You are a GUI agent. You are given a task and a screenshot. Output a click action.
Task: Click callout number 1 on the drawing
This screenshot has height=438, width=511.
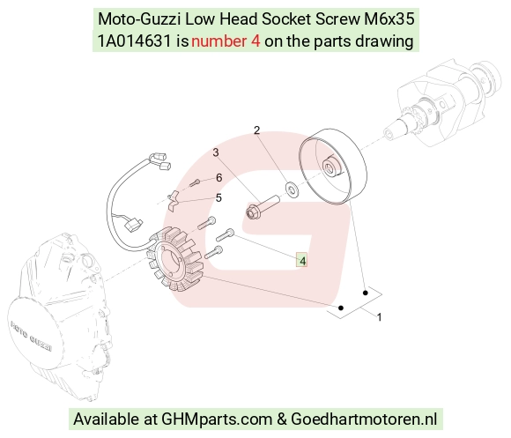[379, 317]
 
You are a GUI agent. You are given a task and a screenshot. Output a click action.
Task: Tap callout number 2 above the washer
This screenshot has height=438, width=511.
[256, 130]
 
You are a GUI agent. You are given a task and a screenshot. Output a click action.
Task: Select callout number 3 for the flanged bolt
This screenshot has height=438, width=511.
[216, 152]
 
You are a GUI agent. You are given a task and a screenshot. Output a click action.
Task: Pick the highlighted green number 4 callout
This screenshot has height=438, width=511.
[302, 260]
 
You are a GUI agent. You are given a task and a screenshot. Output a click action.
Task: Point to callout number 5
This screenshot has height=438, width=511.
[218, 197]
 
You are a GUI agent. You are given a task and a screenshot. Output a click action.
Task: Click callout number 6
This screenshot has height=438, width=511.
[219, 178]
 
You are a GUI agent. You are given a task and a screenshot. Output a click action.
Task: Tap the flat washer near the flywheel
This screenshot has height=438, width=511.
[292, 189]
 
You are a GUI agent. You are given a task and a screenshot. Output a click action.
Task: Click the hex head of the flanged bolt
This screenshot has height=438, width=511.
[252, 212]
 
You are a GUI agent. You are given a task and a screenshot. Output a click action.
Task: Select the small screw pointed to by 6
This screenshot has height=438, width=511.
[195, 182]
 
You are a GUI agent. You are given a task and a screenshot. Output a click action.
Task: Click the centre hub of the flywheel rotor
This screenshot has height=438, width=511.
[330, 167]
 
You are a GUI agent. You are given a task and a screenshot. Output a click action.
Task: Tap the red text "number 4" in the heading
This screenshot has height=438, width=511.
[226, 41]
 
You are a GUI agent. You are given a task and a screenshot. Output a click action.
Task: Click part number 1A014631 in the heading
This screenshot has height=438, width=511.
[134, 41]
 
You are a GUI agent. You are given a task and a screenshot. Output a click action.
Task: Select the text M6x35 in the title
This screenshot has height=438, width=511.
[389, 19]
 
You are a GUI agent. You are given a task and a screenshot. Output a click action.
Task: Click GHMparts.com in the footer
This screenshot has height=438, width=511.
[217, 419]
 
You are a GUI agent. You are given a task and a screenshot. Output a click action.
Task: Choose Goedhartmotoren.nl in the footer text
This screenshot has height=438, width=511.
[364, 419]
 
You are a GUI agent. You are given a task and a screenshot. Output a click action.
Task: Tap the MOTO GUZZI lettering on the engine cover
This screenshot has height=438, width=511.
[32, 337]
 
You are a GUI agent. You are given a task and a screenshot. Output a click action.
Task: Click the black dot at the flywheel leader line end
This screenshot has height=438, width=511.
[366, 293]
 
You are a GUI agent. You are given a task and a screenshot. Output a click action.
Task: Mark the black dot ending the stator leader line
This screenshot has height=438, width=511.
[341, 308]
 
